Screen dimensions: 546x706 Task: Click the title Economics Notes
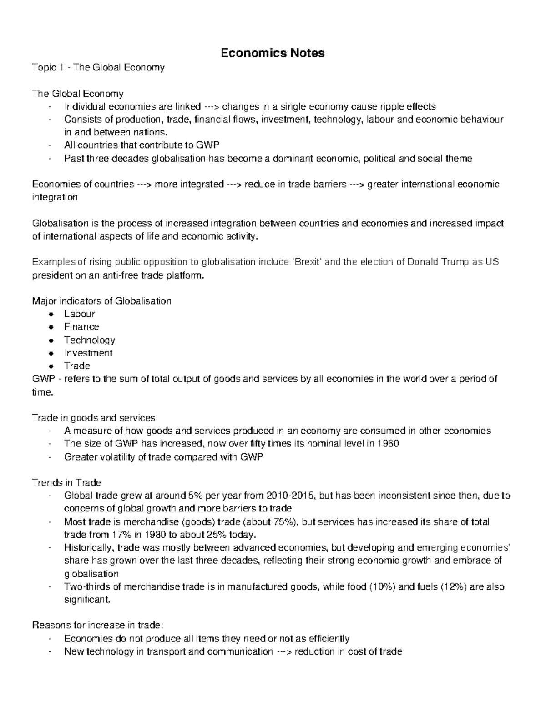coord(273,53)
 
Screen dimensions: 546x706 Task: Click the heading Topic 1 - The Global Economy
coord(98,68)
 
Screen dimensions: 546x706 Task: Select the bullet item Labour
coord(79,314)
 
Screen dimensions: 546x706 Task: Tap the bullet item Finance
coord(81,326)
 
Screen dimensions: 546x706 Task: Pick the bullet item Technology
coord(89,340)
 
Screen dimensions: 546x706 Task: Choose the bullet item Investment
coord(88,353)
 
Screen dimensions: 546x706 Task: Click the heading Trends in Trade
coord(66,482)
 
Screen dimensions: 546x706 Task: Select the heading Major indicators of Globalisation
coord(101,301)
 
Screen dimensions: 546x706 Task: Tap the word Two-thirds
coord(87,586)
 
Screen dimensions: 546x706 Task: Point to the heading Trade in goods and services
coord(93,418)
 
